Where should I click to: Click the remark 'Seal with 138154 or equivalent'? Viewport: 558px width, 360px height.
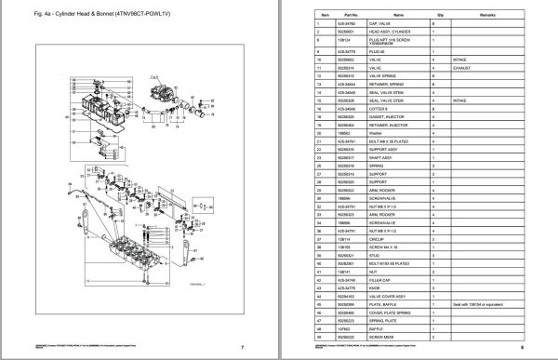pyautogui.click(x=485, y=303)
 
